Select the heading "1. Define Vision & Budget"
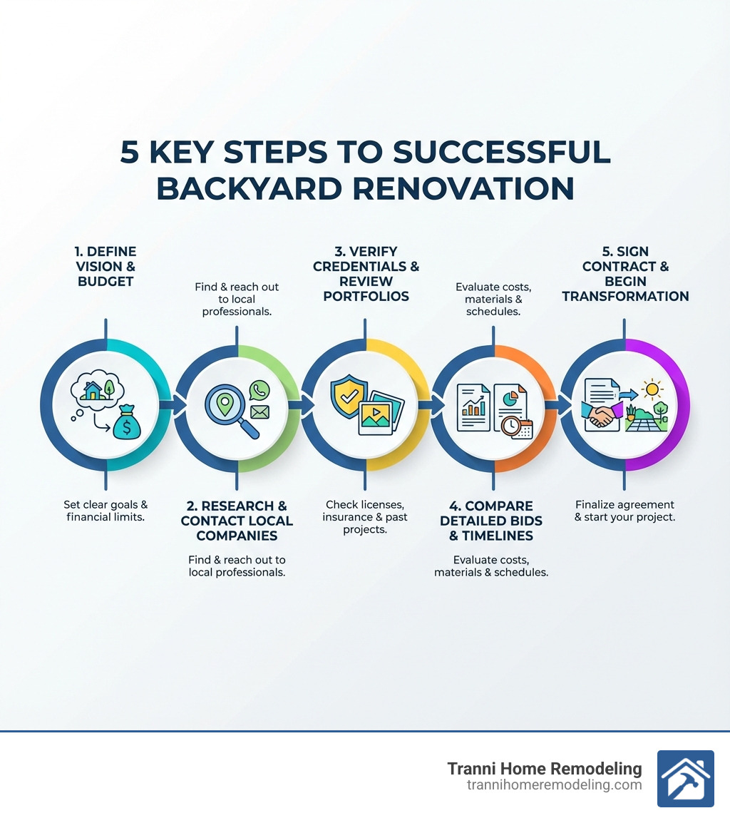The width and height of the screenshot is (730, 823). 106,266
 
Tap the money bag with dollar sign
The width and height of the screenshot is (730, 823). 125,424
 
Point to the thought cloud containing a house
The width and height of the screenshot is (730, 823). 97,391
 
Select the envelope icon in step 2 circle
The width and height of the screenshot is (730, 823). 259,412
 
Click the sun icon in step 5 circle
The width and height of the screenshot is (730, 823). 651,390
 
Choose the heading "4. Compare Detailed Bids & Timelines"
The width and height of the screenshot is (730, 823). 491,521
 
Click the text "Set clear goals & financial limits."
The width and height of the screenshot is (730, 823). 106,511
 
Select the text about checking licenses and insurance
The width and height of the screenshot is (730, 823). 365,516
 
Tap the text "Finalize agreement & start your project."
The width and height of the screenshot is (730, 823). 624,511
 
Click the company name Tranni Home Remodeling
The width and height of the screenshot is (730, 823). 544,769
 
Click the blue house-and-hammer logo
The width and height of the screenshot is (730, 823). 685,778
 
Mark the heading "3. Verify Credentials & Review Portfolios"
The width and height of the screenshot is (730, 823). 366,273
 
